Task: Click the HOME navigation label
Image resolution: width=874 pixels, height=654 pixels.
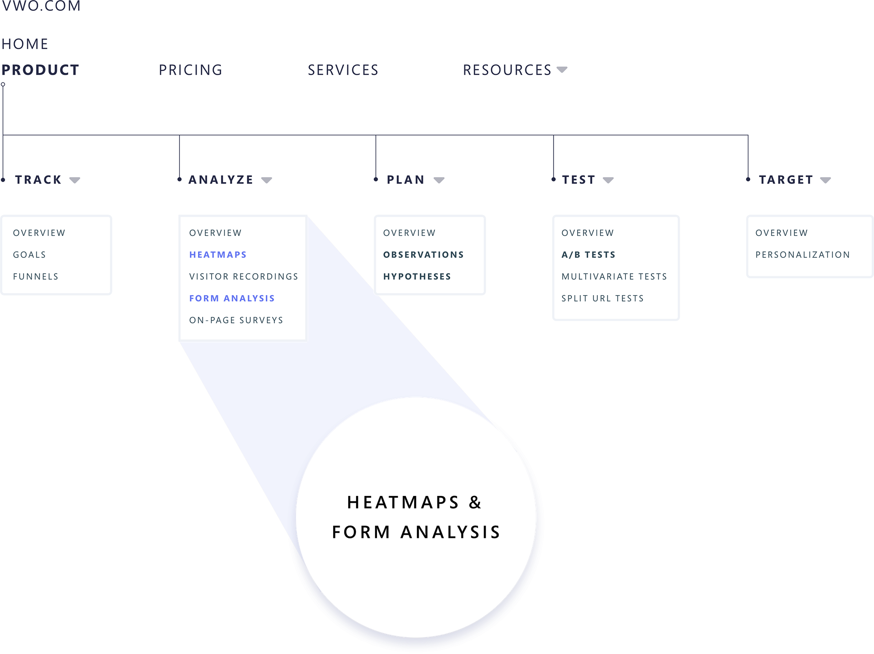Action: tap(25, 44)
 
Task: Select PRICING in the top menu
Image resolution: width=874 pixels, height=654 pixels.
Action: tap(190, 70)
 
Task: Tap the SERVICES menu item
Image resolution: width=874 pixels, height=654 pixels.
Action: tap(343, 70)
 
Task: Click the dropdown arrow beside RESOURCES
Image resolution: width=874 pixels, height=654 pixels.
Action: tap(562, 70)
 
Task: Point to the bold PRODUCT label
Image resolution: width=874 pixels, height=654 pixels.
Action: tap(41, 70)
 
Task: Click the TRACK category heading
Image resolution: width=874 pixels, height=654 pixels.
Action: tap(38, 180)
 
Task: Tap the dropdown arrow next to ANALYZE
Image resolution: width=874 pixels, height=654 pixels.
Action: tap(267, 180)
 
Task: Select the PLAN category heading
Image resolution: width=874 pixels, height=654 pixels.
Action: tap(406, 180)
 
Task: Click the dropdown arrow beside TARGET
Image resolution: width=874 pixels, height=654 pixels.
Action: tap(825, 180)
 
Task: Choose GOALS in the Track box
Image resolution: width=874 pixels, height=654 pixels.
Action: tap(30, 255)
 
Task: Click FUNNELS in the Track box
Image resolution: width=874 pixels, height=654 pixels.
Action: tap(36, 276)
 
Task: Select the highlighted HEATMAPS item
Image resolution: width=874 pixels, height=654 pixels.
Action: tap(218, 255)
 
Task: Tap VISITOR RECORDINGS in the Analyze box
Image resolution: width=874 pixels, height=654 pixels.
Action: tap(244, 276)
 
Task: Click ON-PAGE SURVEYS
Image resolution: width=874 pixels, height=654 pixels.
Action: tap(236, 320)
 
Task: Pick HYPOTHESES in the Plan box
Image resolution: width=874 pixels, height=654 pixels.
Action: tap(417, 276)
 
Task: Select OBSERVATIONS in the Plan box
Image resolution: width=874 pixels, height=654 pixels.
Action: tap(423, 255)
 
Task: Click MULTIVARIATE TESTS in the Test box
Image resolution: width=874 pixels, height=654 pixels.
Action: tap(614, 276)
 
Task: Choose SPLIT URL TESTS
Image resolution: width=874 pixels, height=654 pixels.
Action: tap(602, 298)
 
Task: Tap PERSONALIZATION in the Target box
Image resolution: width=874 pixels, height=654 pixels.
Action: tap(803, 255)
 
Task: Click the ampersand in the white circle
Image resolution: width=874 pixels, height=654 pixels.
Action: tap(475, 502)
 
